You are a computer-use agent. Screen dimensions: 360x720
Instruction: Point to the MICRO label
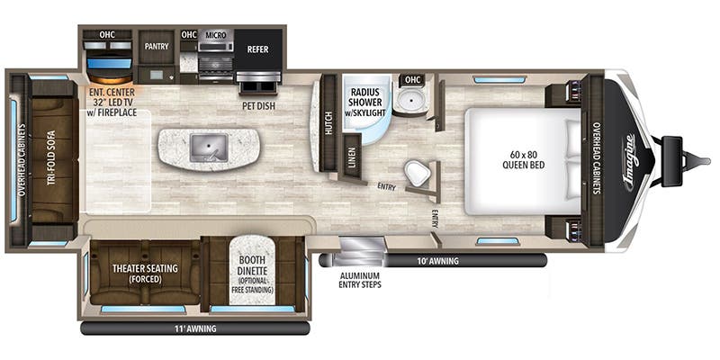[214, 35]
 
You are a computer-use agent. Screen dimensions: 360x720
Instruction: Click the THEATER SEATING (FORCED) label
[145, 273]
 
